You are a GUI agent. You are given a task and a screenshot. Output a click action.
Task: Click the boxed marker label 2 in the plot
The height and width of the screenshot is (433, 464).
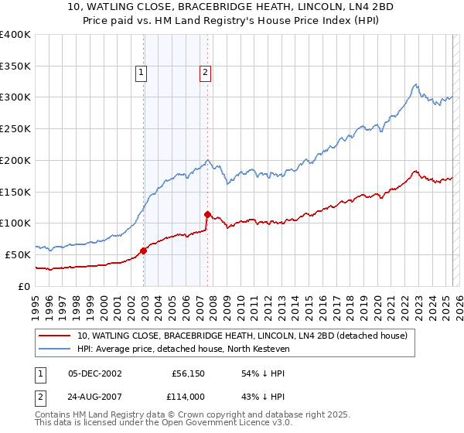[x=206, y=73]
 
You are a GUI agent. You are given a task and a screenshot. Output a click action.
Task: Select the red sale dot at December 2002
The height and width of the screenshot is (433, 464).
[x=144, y=251]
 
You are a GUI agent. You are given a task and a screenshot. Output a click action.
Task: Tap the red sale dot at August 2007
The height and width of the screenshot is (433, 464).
[x=207, y=214]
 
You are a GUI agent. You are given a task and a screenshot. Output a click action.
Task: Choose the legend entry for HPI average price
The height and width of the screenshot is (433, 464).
[x=183, y=349]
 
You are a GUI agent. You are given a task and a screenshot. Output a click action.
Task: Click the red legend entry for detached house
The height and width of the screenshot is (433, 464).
[x=247, y=336]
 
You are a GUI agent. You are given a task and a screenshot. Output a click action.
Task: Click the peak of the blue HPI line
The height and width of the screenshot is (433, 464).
[x=415, y=84]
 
